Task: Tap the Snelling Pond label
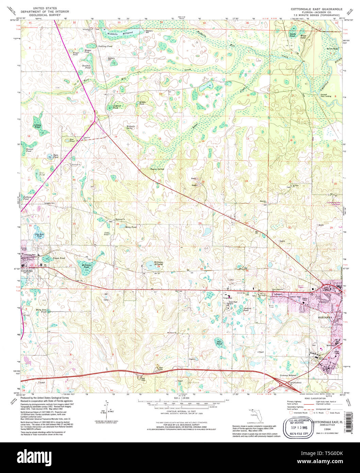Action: click(x=105, y=46)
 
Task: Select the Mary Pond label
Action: click(x=131, y=227)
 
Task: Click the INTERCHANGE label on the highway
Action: click(x=295, y=382)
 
